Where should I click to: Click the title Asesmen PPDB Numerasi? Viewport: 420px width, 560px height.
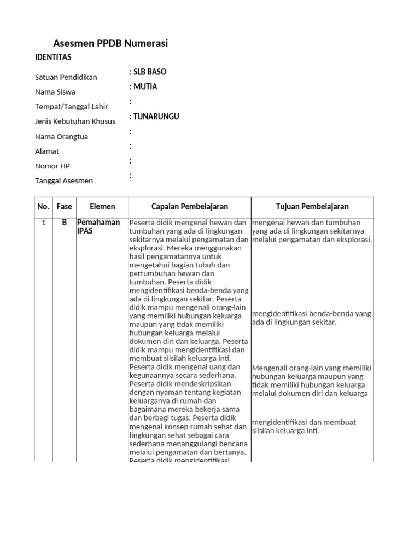[110, 44]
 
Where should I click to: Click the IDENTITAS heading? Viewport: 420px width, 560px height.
[53, 57]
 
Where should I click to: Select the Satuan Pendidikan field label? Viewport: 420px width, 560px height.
[66, 77]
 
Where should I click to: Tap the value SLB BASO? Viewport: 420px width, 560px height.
[148, 72]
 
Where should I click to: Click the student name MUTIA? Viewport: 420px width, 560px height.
[144, 87]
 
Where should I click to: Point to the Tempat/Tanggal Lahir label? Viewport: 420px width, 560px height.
[71, 107]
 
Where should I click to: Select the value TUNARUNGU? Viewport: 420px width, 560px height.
[155, 116]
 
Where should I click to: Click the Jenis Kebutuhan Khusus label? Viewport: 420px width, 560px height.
[75, 121]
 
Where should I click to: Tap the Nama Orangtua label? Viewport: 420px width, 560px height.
[61, 136]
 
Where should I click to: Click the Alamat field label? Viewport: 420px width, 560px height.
[47, 151]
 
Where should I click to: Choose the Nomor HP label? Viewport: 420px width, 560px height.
[52, 166]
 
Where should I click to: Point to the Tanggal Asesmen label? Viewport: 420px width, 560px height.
[64, 181]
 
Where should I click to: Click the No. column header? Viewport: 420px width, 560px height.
[43, 207]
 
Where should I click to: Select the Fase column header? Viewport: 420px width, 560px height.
[64, 207]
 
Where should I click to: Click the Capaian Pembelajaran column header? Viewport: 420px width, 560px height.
[189, 207]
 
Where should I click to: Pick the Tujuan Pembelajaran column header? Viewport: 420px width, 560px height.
[312, 207]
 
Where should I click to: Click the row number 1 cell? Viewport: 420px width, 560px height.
[43, 223]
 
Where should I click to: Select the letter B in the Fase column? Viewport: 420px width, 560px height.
[64, 223]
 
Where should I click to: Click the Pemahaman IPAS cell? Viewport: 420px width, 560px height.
[98, 226]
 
